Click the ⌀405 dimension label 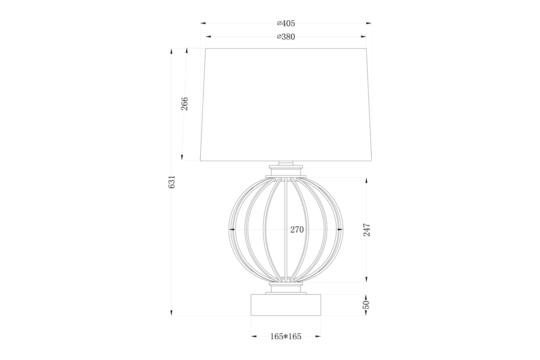(x=286, y=23)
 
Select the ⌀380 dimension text (x=286, y=37)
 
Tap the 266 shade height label (x=184, y=103)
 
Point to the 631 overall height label (x=171, y=182)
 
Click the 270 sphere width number (x=297, y=229)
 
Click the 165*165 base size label (x=286, y=336)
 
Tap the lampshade (x=286, y=103)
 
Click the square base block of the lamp (x=286, y=305)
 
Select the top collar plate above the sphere (x=286, y=173)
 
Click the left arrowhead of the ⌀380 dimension (x=208, y=37)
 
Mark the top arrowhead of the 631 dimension (x=171, y=51)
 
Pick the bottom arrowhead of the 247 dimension (x=366, y=279)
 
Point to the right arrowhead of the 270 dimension (x=340, y=229)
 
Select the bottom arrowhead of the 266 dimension (x=182, y=157)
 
